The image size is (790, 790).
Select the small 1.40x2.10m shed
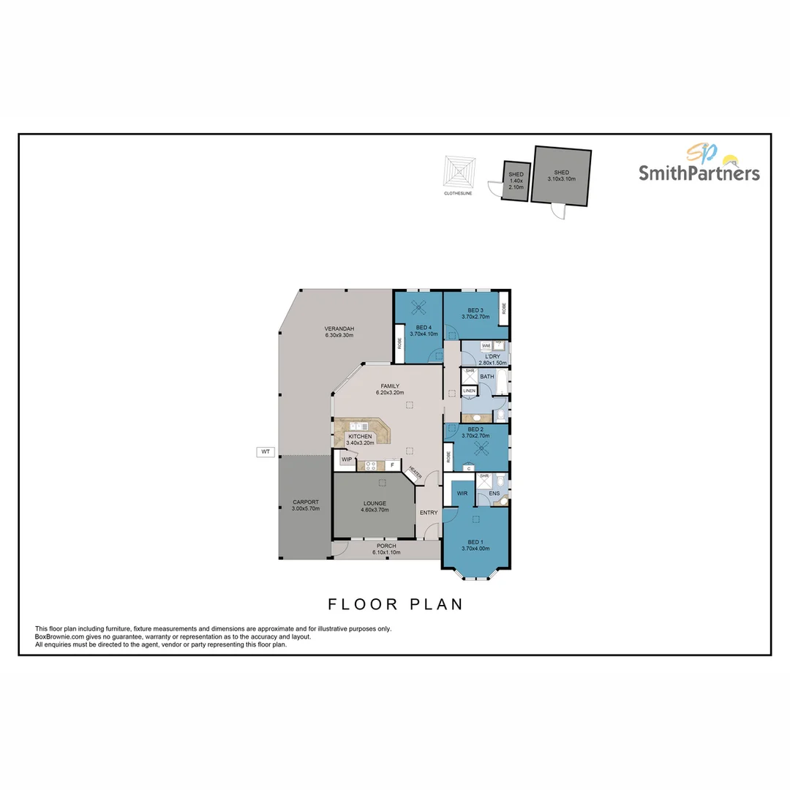[516, 179]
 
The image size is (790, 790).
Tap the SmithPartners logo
[699, 164]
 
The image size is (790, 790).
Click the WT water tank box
[265, 452]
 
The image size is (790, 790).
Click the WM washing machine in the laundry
[486, 345]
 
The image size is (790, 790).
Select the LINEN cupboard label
[469, 391]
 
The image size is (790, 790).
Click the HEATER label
[415, 474]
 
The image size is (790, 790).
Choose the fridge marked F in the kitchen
[393, 464]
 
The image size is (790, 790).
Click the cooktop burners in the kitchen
[371, 464]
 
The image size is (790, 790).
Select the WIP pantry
[346, 459]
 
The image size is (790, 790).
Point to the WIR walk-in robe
[462, 494]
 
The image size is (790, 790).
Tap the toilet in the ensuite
[498, 481]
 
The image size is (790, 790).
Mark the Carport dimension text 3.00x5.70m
[306, 508]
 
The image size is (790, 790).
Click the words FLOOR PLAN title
[395, 604]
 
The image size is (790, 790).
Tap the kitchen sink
[360, 426]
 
